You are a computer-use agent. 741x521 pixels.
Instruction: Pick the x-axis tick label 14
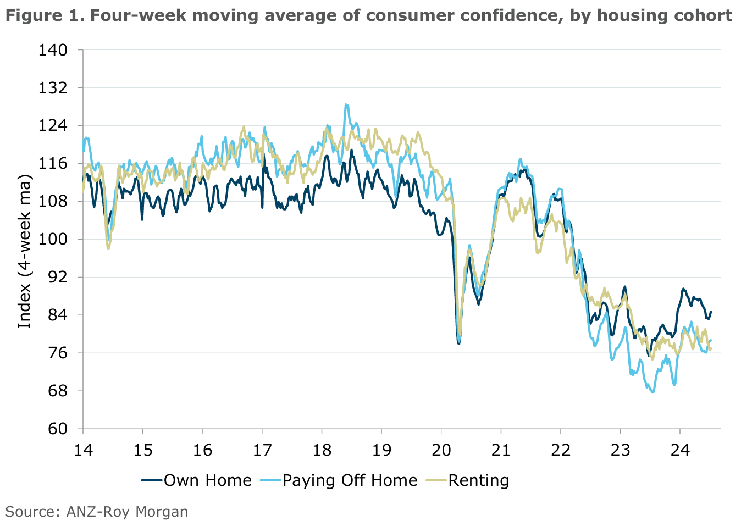tap(83, 450)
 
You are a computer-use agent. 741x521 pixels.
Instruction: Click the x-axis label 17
tap(262, 450)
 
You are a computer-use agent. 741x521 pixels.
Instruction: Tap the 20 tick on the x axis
tap(441, 450)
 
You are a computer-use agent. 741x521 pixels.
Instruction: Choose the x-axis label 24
tap(680, 450)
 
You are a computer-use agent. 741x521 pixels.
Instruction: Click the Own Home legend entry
tap(207, 480)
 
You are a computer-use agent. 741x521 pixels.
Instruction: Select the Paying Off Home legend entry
tap(350, 480)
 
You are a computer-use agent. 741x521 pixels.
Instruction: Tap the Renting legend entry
tap(478, 480)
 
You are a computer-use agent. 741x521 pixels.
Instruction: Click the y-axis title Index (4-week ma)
tap(25, 251)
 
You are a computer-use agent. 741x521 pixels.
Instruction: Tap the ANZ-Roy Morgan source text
tap(127, 512)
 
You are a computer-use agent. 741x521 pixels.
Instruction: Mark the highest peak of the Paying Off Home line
tap(346, 104)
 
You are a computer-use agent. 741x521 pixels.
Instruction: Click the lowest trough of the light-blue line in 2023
tap(653, 392)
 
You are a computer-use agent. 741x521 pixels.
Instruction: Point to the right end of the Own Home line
tap(711, 312)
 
